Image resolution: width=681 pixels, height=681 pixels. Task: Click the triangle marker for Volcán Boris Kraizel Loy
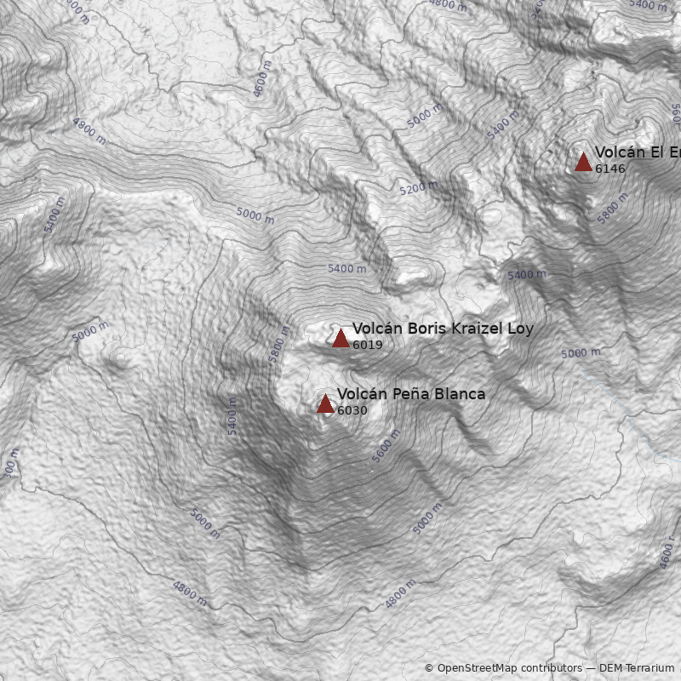click(340, 338)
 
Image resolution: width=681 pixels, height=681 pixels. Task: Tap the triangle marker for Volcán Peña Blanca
click(325, 403)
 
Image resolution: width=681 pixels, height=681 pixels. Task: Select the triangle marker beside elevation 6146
click(583, 162)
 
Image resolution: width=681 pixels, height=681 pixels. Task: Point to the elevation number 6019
click(367, 346)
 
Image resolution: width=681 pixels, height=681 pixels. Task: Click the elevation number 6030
click(352, 411)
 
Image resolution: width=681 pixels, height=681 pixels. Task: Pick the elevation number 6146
click(609, 169)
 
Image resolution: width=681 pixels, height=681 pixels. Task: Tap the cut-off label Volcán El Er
click(638, 152)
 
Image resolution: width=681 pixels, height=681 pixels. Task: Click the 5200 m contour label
click(418, 188)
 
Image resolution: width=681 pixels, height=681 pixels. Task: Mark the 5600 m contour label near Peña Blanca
click(386, 446)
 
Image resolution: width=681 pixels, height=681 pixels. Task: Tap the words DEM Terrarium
click(636, 668)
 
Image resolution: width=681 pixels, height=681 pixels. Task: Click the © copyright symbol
click(429, 668)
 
